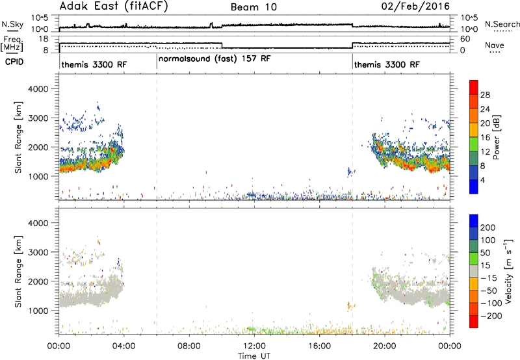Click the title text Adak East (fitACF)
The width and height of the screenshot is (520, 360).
click(x=114, y=6)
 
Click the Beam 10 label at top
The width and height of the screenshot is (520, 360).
click(x=253, y=7)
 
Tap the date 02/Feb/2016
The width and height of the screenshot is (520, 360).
click(x=415, y=6)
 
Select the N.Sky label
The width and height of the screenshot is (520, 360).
click(x=12, y=24)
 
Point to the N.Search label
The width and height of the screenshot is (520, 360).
click(x=502, y=24)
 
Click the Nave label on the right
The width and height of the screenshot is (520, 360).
click(x=495, y=45)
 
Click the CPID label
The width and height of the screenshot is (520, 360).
click(x=14, y=62)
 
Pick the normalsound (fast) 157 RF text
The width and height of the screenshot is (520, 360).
click(x=214, y=59)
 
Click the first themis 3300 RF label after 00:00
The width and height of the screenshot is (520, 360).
click(x=94, y=64)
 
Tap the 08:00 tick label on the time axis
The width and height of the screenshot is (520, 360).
click(x=188, y=346)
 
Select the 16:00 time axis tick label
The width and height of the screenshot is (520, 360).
click(x=319, y=346)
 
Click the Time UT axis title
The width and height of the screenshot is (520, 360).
click(x=254, y=356)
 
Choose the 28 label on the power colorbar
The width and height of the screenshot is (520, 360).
click(x=485, y=95)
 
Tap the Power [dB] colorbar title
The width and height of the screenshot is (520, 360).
click(x=496, y=137)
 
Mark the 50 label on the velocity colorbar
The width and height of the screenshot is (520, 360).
click(x=485, y=253)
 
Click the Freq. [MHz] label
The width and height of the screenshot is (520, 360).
click(x=12, y=44)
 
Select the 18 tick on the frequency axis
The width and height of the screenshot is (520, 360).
click(x=44, y=39)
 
